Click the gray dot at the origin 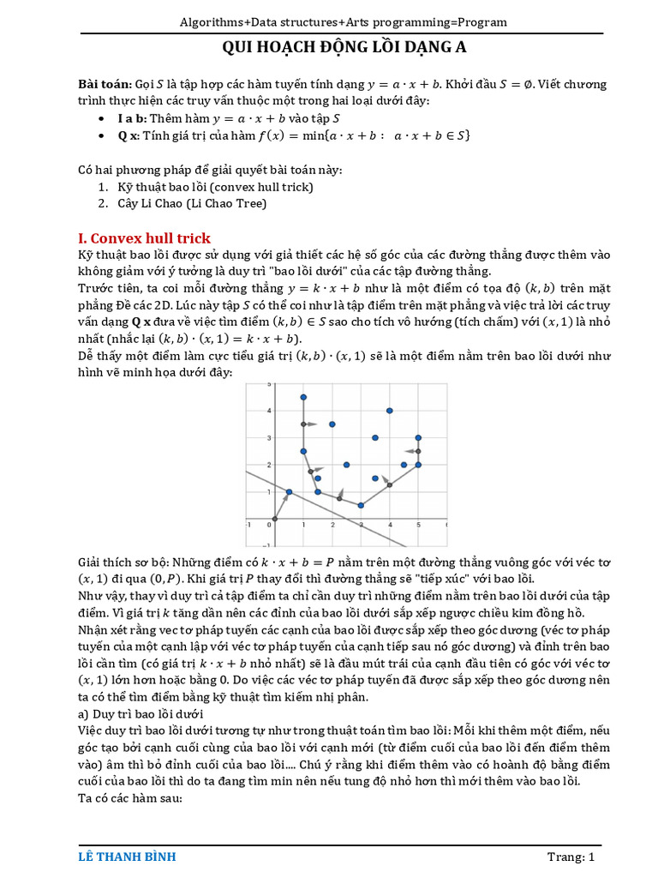(275, 518)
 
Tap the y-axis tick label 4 (270, 411)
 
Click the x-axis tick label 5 (418, 525)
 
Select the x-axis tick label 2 (332, 525)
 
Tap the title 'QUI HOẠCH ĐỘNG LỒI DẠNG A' (344, 48)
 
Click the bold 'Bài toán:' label (105, 84)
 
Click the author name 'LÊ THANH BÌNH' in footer (127, 857)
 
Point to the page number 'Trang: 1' (571, 857)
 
